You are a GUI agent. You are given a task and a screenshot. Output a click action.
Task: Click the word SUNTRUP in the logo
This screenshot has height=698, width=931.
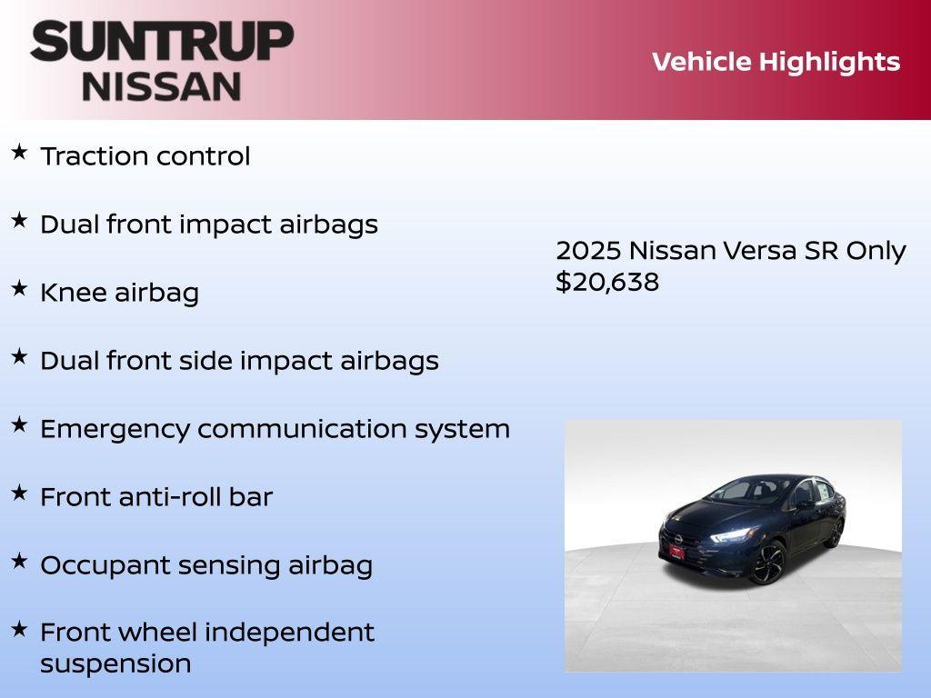pos(162,41)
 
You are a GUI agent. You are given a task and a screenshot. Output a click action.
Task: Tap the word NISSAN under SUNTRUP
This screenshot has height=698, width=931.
pos(162,85)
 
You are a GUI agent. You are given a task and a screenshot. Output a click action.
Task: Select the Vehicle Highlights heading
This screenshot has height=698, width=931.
pos(776,62)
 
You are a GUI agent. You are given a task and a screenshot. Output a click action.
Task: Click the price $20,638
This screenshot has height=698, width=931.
pos(607,282)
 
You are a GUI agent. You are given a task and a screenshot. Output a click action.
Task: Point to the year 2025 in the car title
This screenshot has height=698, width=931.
pos(588,251)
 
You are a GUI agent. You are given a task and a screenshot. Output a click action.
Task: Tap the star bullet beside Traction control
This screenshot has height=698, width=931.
pos(19,152)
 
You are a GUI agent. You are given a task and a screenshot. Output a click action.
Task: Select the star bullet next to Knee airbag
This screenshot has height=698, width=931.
pos(19,288)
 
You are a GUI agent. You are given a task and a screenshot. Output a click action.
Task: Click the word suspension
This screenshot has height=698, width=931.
pos(115,663)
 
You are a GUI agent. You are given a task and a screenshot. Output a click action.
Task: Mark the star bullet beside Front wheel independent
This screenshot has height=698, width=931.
pos(19,628)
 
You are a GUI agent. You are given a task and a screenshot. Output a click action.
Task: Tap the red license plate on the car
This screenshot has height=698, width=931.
pos(677,550)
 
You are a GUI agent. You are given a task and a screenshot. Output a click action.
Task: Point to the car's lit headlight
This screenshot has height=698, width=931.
pos(731,534)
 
